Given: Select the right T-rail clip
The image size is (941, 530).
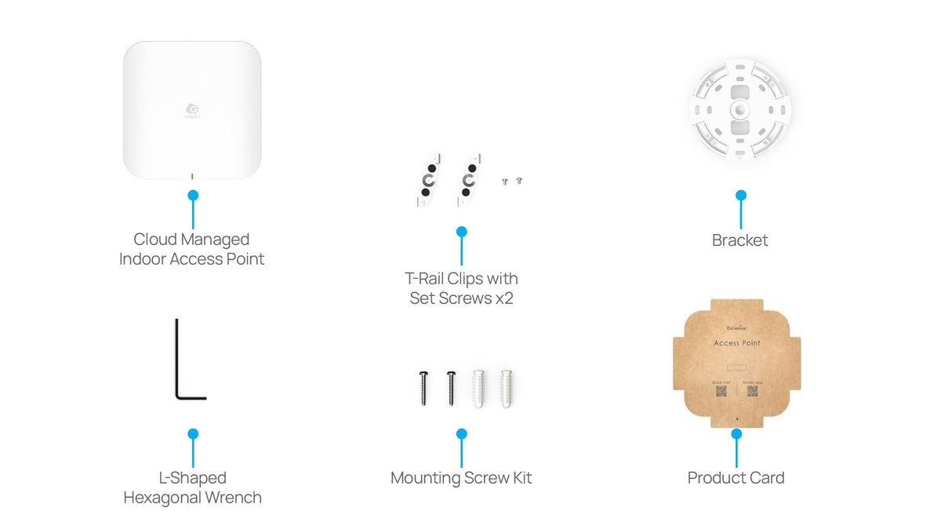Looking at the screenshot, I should click(467, 180).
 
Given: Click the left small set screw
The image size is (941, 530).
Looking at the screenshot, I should click(505, 181).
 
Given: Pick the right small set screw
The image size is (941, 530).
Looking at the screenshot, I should click(519, 181).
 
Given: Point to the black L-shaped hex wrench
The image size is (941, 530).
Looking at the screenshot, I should click(185, 369).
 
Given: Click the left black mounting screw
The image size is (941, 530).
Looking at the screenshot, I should click(424, 387).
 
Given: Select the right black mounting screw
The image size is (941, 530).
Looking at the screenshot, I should click(451, 387).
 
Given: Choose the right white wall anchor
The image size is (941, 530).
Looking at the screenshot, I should click(506, 388).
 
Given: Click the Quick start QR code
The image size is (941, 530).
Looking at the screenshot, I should click(721, 391).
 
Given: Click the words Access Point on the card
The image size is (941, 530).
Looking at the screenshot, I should click(737, 343).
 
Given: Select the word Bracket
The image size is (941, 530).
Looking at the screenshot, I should click(740, 240).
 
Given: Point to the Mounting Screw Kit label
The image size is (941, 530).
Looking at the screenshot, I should click(461, 477).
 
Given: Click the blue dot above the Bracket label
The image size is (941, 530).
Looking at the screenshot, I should click(741, 195).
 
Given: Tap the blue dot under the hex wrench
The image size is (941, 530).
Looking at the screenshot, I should click(193, 433).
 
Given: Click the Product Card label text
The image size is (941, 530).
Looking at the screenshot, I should click(736, 477).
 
